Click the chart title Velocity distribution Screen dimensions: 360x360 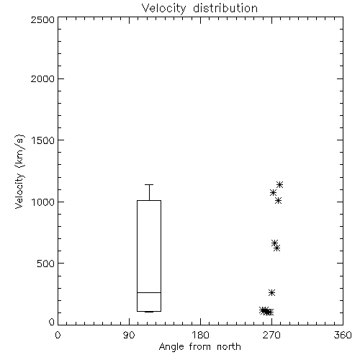(x=199, y=8)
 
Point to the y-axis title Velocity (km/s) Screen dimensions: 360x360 (x=19, y=171)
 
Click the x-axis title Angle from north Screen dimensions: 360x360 (x=199, y=347)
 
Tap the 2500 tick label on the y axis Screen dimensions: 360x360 (x=42, y=19)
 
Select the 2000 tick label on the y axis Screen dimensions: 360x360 (x=42, y=78)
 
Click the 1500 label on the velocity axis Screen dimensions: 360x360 (x=42, y=140)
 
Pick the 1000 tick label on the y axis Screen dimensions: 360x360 (x=42, y=202)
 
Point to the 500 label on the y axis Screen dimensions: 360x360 (x=46, y=264)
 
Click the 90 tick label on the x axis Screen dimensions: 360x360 (x=129, y=335)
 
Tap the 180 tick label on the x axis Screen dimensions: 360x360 (x=200, y=335)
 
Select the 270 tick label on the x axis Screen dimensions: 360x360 (x=271, y=335)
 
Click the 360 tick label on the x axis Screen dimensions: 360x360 (x=343, y=335)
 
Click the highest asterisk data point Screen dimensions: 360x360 (x=279, y=184)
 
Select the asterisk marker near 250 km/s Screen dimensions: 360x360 (x=271, y=292)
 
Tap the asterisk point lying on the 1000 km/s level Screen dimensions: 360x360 (x=278, y=201)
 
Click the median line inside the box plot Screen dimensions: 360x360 (x=149, y=292)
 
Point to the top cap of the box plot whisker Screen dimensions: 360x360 (x=149, y=184)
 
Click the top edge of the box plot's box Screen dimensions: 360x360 (x=149, y=200)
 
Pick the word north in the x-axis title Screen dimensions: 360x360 (x=229, y=347)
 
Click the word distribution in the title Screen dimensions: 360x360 (x=225, y=8)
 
